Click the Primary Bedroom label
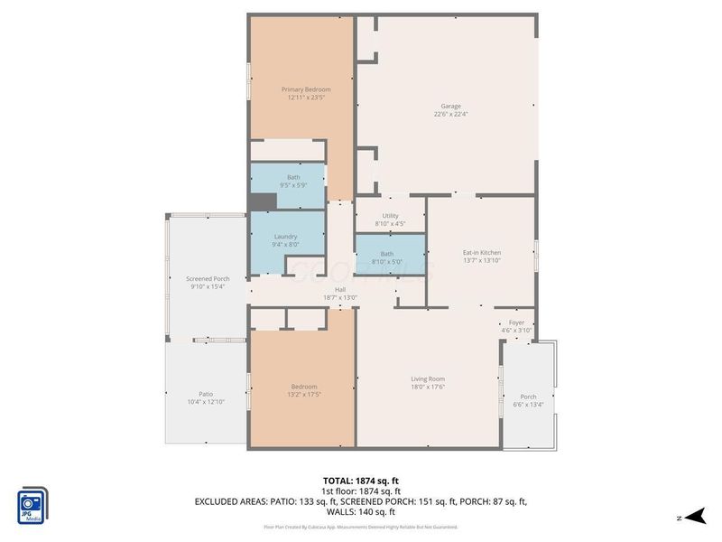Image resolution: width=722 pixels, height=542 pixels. (306, 89)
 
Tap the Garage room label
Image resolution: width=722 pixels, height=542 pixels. (450, 106)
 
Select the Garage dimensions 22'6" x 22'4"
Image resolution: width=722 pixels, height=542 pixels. (450, 115)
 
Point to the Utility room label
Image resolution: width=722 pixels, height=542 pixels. (390, 216)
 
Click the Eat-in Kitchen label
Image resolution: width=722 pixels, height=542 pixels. (482, 252)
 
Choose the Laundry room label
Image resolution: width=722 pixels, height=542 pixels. (285, 237)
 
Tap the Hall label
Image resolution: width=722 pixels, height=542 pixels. (340, 289)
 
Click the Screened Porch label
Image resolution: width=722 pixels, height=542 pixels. (208, 278)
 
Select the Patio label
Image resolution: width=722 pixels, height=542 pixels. (206, 393)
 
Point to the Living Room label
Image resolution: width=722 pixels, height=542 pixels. (428, 378)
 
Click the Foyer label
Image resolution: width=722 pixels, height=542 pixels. (516, 322)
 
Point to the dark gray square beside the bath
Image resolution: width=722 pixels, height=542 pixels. (262, 202)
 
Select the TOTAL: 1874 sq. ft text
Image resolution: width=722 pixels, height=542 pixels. (360, 481)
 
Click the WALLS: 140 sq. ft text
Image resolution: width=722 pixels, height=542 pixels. (361, 511)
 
